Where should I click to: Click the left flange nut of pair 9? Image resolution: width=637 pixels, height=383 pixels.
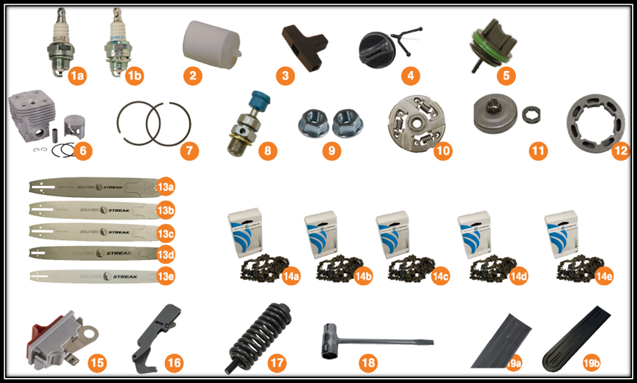pyautogui.click(x=311, y=123)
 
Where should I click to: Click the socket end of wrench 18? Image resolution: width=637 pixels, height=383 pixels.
pyautogui.click(x=333, y=337)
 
